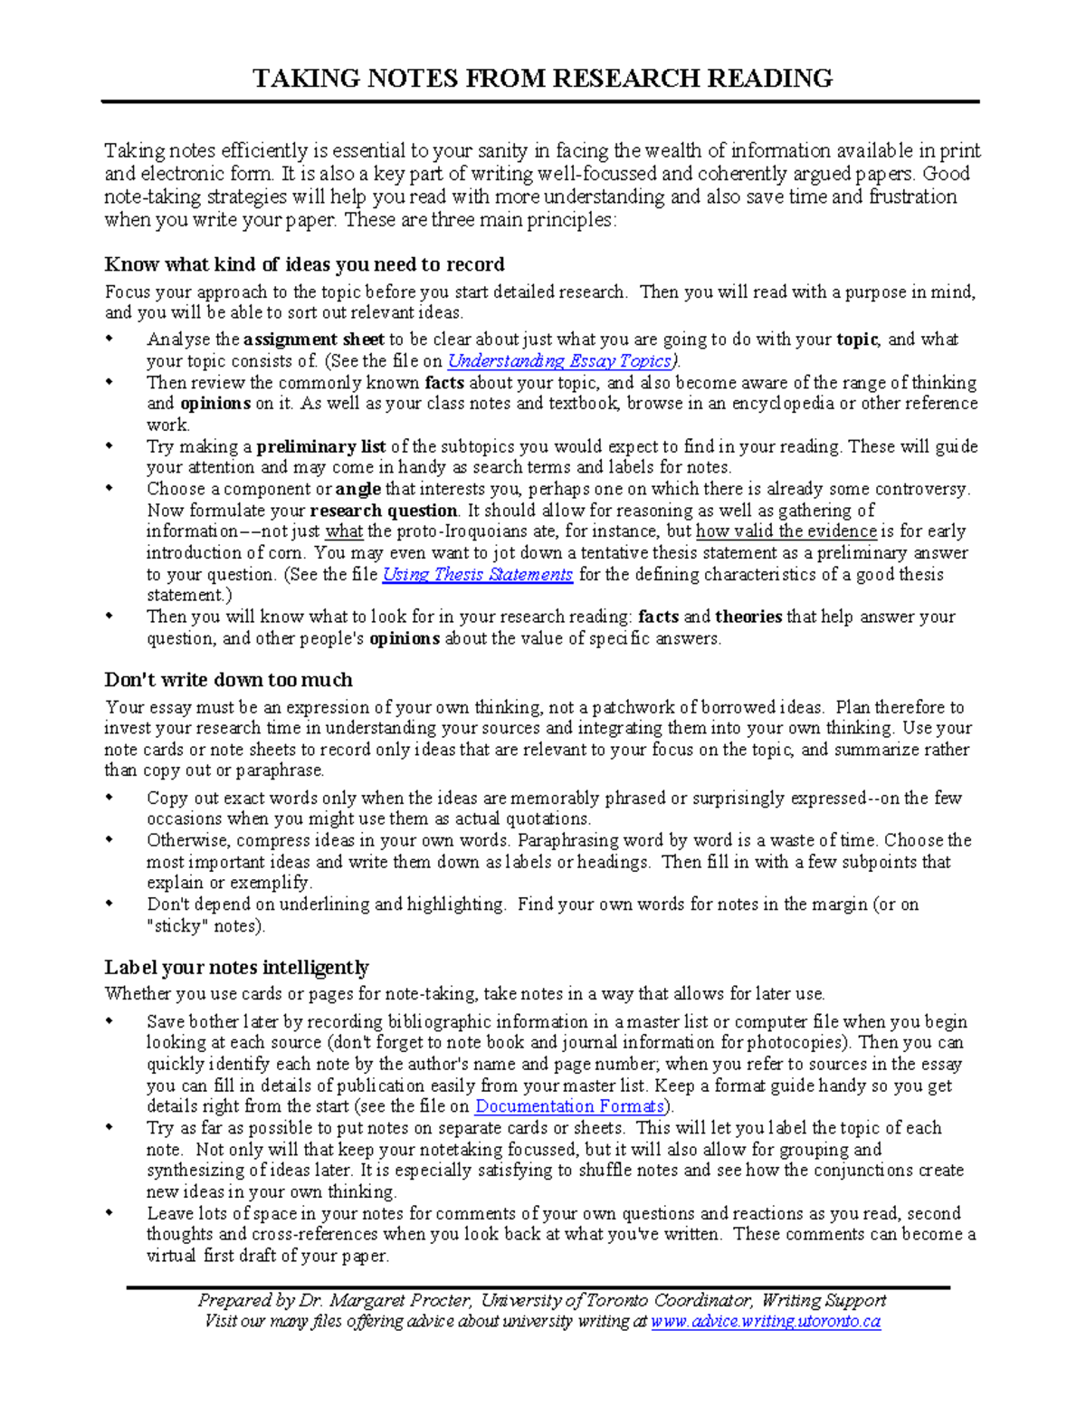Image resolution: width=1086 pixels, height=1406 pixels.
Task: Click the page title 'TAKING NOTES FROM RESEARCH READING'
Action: [x=542, y=79]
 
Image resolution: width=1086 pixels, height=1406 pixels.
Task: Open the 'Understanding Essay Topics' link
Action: [x=560, y=361]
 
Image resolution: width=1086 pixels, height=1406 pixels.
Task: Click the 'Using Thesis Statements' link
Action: [x=477, y=575]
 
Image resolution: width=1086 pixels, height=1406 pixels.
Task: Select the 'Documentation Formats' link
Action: [x=570, y=1106]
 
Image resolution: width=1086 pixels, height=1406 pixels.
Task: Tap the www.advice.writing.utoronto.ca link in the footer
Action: [x=766, y=1322]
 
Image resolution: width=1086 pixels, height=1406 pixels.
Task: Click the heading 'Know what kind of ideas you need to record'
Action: [x=304, y=264]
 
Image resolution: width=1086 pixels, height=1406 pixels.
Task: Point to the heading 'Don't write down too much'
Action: [x=228, y=680]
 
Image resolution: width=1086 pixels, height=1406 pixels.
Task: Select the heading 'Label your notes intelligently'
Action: [x=236, y=967]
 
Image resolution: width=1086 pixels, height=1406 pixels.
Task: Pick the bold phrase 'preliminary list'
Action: [x=321, y=446]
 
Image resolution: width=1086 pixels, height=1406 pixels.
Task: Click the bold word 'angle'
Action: [x=357, y=489]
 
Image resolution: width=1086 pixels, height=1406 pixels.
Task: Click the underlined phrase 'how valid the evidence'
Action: [x=786, y=531]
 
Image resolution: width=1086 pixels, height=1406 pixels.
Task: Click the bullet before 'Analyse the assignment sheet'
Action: [x=110, y=340]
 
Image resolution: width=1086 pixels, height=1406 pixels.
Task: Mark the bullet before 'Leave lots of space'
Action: [x=110, y=1213]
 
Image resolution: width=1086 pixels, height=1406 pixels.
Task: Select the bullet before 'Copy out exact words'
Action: [x=110, y=799]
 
